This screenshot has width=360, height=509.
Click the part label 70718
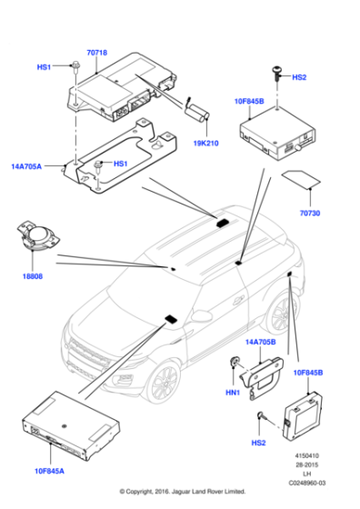coord(96,53)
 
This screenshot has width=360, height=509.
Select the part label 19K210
coord(205,144)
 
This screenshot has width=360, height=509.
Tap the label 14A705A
coord(26,166)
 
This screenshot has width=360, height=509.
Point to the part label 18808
coord(33,276)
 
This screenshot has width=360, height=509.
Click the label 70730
coord(310,213)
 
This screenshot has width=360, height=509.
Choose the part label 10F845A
coord(49,471)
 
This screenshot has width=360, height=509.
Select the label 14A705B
coord(260,342)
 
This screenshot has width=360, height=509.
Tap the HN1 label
coord(233,393)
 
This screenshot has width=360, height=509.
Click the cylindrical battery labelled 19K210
coord(196,113)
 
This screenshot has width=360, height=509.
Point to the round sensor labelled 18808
coord(38,235)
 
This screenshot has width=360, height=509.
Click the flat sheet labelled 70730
coord(301,179)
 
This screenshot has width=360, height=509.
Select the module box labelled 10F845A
coord(71,425)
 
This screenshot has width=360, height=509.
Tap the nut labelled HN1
coord(235,362)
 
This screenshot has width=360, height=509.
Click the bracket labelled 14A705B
coord(262,377)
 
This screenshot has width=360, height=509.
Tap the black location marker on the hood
coord(171,319)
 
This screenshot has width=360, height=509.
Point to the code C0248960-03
coord(307,483)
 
